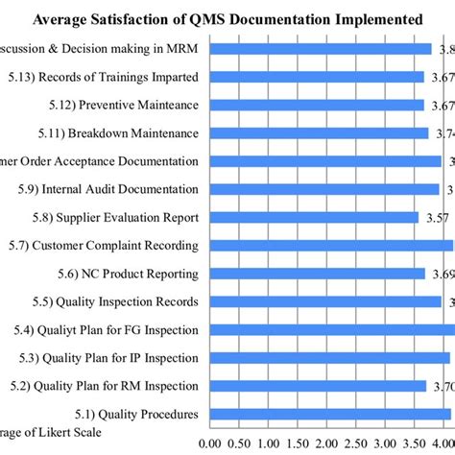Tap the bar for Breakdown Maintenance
point(317,133)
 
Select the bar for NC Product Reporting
point(316,274)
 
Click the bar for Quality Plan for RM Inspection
point(316,387)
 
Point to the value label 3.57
point(437,218)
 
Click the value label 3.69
point(441,274)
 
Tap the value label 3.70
point(442,387)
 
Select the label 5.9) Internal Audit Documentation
point(108,190)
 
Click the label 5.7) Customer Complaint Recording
point(101,246)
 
